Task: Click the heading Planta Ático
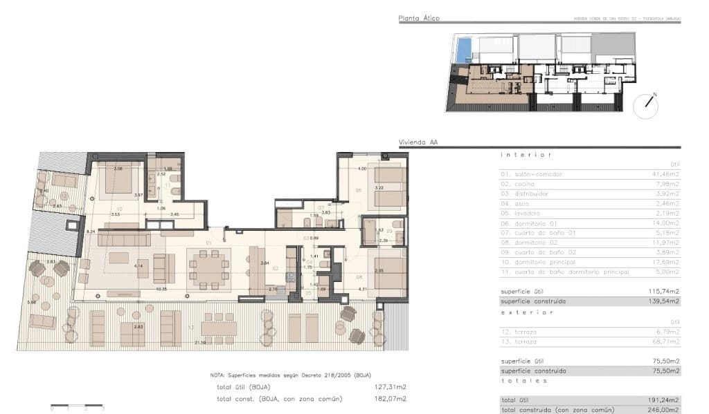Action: (x=419, y=19)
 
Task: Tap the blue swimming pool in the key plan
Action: (x=464, y=47)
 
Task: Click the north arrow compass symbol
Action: (x=649, y=102)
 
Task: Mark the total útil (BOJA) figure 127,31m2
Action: (x=391, y=387)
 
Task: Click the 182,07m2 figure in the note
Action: (x=391, y=399)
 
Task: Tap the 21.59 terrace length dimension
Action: (x=201, y=343)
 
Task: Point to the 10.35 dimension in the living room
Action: (x=161, y=289)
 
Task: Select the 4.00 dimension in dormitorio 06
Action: (x=361, y=169)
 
